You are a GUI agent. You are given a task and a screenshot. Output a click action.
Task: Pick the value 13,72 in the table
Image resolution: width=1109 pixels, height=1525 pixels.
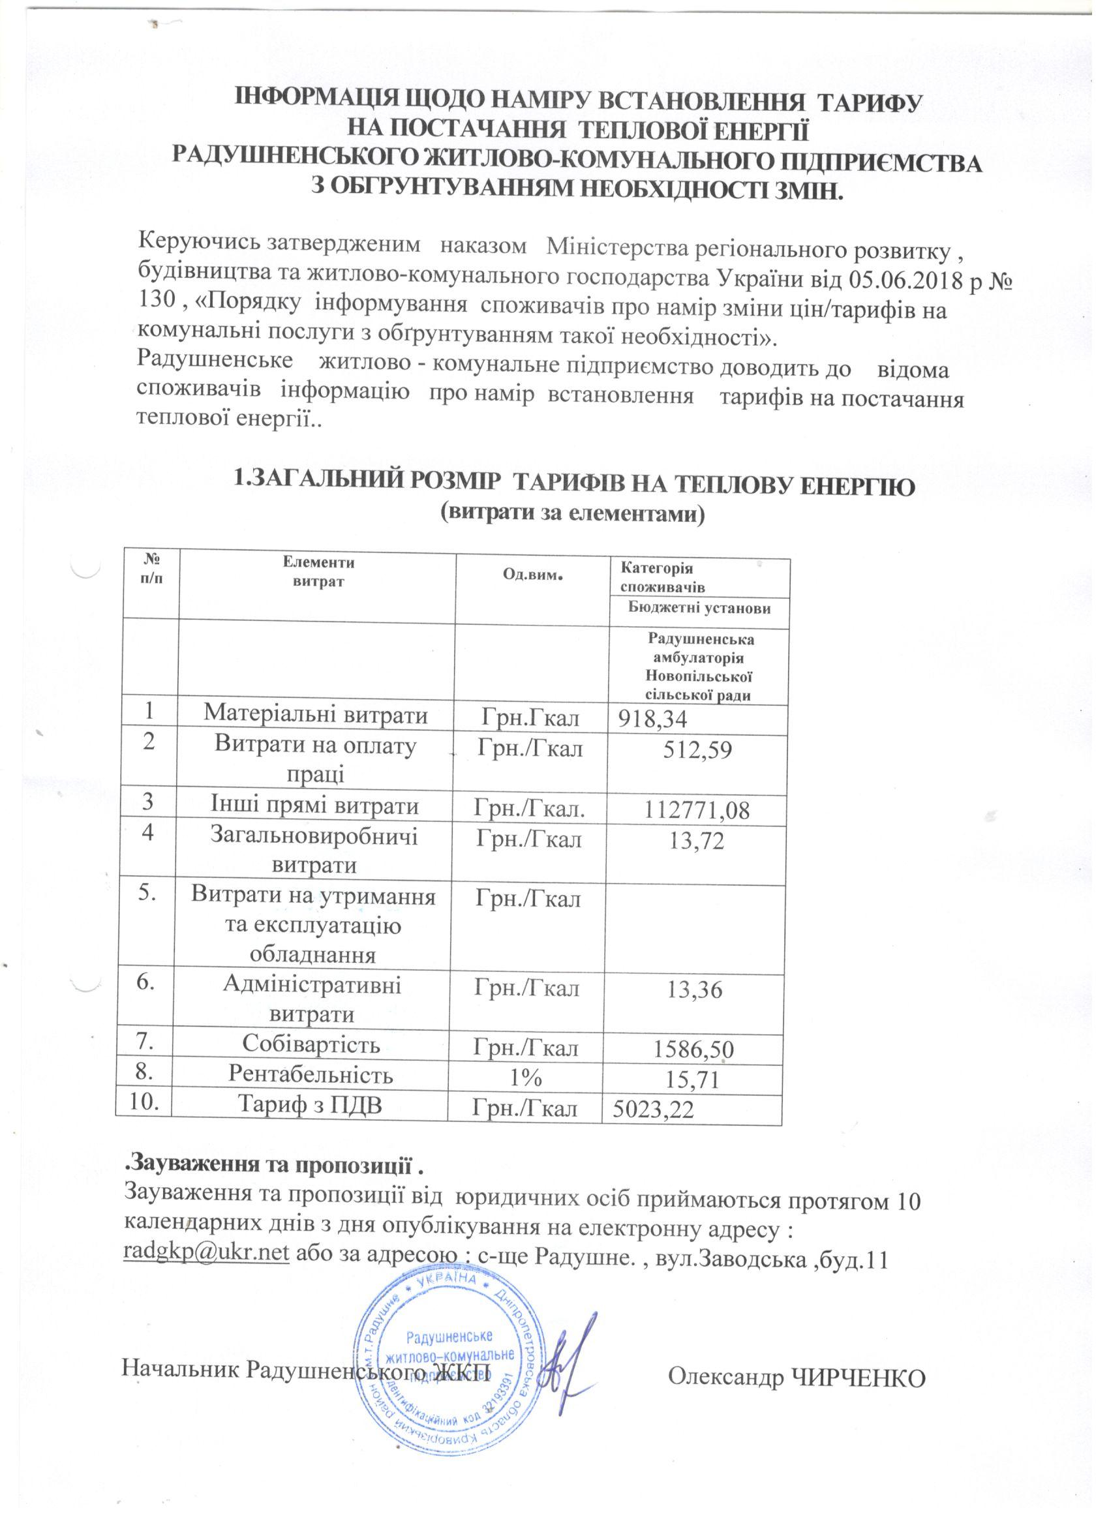coord(697,841)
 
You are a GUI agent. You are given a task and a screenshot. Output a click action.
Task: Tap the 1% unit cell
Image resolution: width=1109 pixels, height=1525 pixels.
coord(524,1078)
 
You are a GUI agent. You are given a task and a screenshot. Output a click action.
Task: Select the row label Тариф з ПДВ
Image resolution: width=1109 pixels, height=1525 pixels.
coord(311,1106)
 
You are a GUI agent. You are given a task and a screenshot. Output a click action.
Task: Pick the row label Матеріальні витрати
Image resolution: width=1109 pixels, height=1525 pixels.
coord(316,714)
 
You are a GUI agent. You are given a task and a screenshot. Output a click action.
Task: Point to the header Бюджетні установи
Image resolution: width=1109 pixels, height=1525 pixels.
coord(699,608)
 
